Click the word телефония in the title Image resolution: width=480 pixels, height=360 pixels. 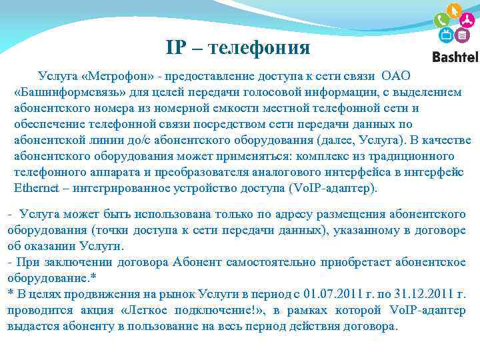259,47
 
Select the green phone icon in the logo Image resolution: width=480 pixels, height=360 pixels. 440,19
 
